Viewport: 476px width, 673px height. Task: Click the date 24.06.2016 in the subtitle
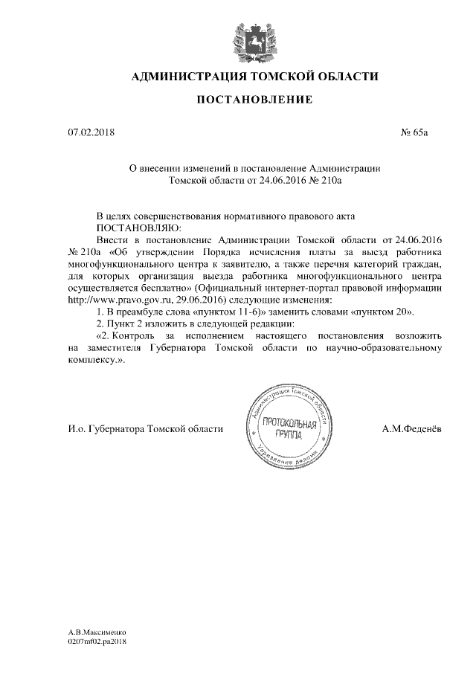[277, 179]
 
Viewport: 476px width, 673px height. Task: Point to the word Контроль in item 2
[139, 334]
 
